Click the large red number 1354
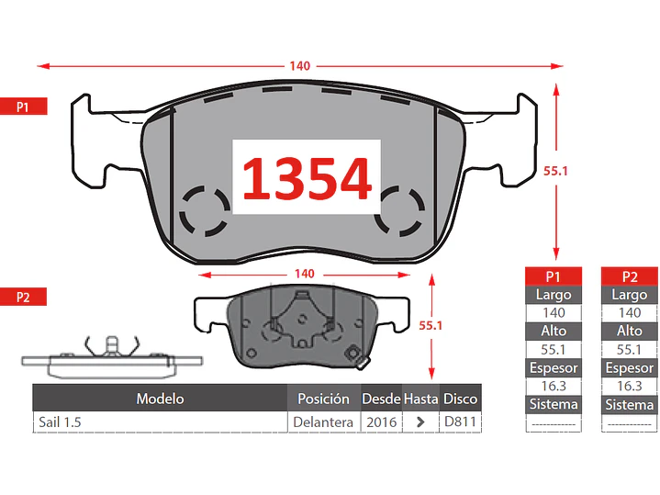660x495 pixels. click(x=307, y=178)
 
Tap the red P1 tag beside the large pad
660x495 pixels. click(x=24, y=107)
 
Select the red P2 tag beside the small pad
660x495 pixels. click(x=24, y=297)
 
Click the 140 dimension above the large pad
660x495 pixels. click(x=299, y=66)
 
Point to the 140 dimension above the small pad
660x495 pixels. click(x=305, y=274)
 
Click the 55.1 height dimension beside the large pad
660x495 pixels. click(x=555, y=171)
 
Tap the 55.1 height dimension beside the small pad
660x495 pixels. click(x=431, y=325)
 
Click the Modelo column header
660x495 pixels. click(x=160, y=399)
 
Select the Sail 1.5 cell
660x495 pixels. click(x=60, y=422)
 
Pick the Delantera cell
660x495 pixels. click(x=323, y=422)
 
